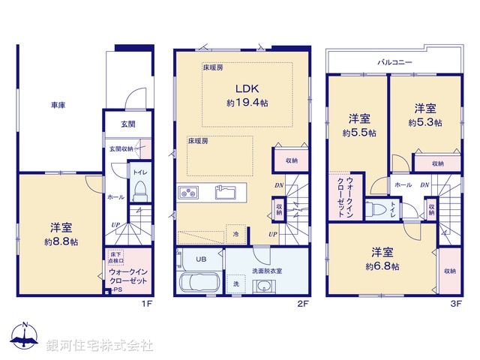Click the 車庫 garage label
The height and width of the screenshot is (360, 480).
58,106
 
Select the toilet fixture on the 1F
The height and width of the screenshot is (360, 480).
139,192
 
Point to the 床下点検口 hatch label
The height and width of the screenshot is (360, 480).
116,259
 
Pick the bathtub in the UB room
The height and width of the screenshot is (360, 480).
199,284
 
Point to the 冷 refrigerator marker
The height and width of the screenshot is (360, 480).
237,234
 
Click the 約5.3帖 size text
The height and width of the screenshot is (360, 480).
424,121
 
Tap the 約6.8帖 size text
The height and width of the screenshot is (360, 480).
382,266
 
